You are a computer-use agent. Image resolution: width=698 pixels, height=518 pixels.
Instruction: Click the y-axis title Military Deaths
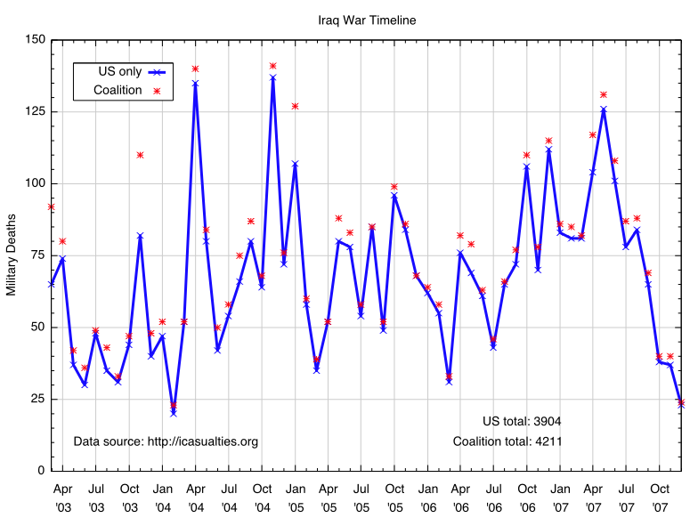point(12,255)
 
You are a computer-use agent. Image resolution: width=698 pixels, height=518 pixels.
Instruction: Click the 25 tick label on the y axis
point(37,399)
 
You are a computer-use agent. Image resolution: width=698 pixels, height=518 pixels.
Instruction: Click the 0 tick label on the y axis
point(40,471)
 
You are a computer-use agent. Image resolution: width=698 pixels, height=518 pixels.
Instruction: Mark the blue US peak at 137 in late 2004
point(272,77)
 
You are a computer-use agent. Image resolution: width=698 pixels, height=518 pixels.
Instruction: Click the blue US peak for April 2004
point(195,84)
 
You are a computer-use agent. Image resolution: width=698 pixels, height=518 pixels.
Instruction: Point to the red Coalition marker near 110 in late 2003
point(140,155)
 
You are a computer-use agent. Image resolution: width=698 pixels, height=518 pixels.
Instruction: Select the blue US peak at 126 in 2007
point(604,109)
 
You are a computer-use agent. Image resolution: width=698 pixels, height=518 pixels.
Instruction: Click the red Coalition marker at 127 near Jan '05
point(295,106)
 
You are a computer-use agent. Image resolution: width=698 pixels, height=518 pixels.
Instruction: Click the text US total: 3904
point(522,421)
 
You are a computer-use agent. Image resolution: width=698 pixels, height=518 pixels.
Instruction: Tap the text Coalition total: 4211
point(507,441)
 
